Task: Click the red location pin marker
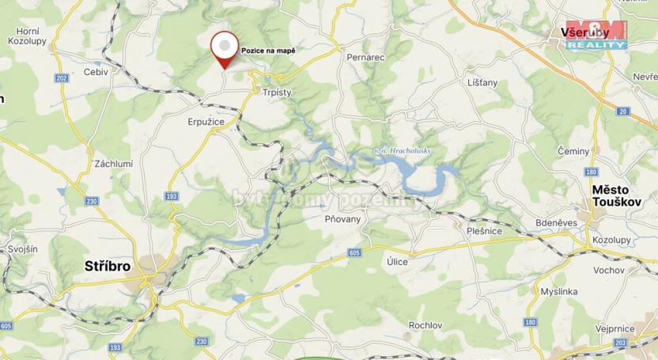225,50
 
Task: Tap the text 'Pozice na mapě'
268,51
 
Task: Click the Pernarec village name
365,58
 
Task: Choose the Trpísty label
276,93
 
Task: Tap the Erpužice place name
206,122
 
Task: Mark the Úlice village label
397,261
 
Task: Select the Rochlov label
425,325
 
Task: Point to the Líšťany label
482,82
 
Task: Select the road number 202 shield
62,78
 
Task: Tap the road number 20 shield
623,112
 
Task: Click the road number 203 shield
619,342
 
